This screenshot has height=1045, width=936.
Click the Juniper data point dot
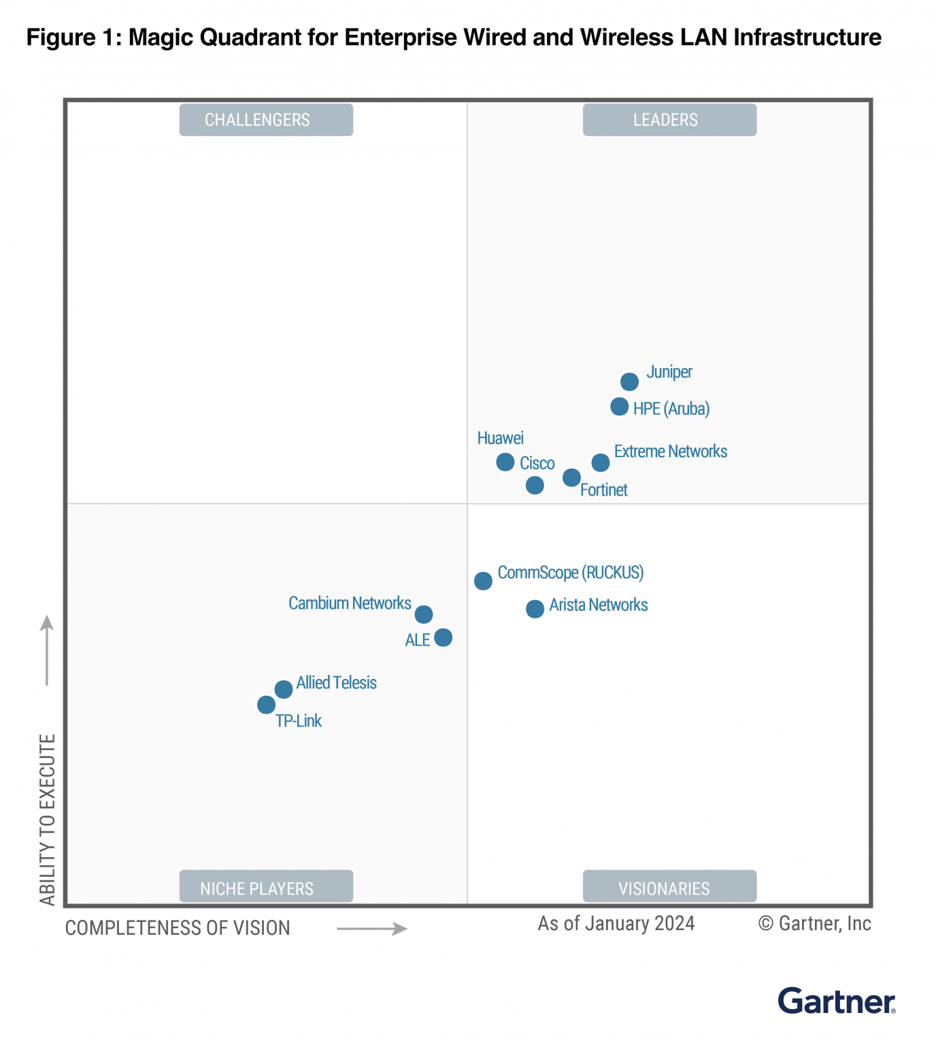(629, 382)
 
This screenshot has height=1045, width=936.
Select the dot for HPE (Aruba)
(619, 407)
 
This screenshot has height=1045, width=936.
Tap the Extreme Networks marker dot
(600, 463)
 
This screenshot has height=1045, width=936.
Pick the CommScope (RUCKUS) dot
(483, 581)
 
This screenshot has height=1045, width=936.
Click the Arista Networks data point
(535, 609)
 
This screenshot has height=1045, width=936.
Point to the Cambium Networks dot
(423, 614)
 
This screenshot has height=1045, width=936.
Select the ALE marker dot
(443, 637)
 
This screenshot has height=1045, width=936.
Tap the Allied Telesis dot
(284, 689)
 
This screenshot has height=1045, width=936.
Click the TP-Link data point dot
(266, 705)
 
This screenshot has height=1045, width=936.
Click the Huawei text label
(500, 438)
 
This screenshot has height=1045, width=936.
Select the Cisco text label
(537, 463)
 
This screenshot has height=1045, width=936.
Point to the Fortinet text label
(603, 490)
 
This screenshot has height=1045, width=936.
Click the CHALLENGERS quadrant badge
(266, 120)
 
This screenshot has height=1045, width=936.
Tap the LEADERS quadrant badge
(669, 120)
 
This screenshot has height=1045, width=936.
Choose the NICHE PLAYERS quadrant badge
(266, 886)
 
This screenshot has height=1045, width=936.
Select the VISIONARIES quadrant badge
(669, 886)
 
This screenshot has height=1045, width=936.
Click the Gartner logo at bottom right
(836, 1001)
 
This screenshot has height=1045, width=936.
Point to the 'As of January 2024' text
(616, 923)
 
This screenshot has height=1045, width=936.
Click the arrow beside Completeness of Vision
(372, 929)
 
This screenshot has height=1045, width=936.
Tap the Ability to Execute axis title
(47, 819)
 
